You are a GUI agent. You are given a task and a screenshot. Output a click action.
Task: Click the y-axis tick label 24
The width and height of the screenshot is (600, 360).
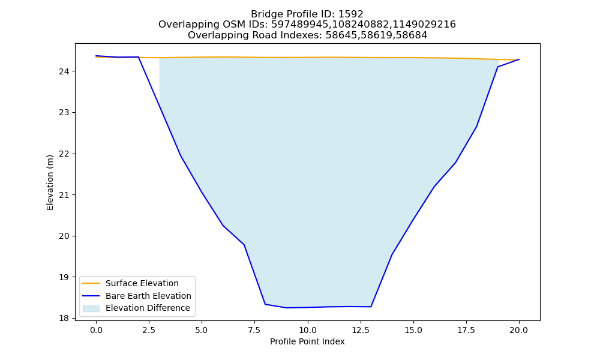point(64,71)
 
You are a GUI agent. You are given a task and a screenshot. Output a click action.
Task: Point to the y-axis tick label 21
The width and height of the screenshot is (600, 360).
point(64,195)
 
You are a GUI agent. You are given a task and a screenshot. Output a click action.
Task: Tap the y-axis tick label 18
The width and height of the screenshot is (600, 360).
point(64,318)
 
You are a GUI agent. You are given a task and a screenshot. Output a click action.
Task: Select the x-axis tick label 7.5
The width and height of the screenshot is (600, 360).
point(254,330)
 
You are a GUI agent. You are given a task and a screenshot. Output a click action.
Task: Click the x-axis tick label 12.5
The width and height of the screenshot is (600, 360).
point(360,330)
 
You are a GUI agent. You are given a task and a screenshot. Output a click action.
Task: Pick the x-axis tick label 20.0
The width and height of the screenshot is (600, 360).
point(519,330)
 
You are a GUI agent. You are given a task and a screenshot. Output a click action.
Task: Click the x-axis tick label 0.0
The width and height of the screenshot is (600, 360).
point(96,330)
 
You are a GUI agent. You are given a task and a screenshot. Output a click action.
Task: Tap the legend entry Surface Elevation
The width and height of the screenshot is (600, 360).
point(142,283)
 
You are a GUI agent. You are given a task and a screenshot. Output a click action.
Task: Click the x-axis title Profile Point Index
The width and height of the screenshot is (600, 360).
point(307,341)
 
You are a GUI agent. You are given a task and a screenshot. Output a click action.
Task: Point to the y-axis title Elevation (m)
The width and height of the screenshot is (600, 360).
point(50,182)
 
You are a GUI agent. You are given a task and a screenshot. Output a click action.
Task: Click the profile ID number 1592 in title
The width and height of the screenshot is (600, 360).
point(350,14)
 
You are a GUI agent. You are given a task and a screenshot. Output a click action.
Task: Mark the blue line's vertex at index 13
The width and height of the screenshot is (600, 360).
point(371,307)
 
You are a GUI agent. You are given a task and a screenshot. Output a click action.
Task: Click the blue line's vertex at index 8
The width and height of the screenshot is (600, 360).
point(265,304)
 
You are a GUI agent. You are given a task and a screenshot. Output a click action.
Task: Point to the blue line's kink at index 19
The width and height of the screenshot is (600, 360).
point(498,67)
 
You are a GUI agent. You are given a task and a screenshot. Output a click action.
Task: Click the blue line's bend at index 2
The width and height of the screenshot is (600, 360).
point(138,57)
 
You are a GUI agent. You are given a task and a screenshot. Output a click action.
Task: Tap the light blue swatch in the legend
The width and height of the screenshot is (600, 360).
point(91,308)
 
